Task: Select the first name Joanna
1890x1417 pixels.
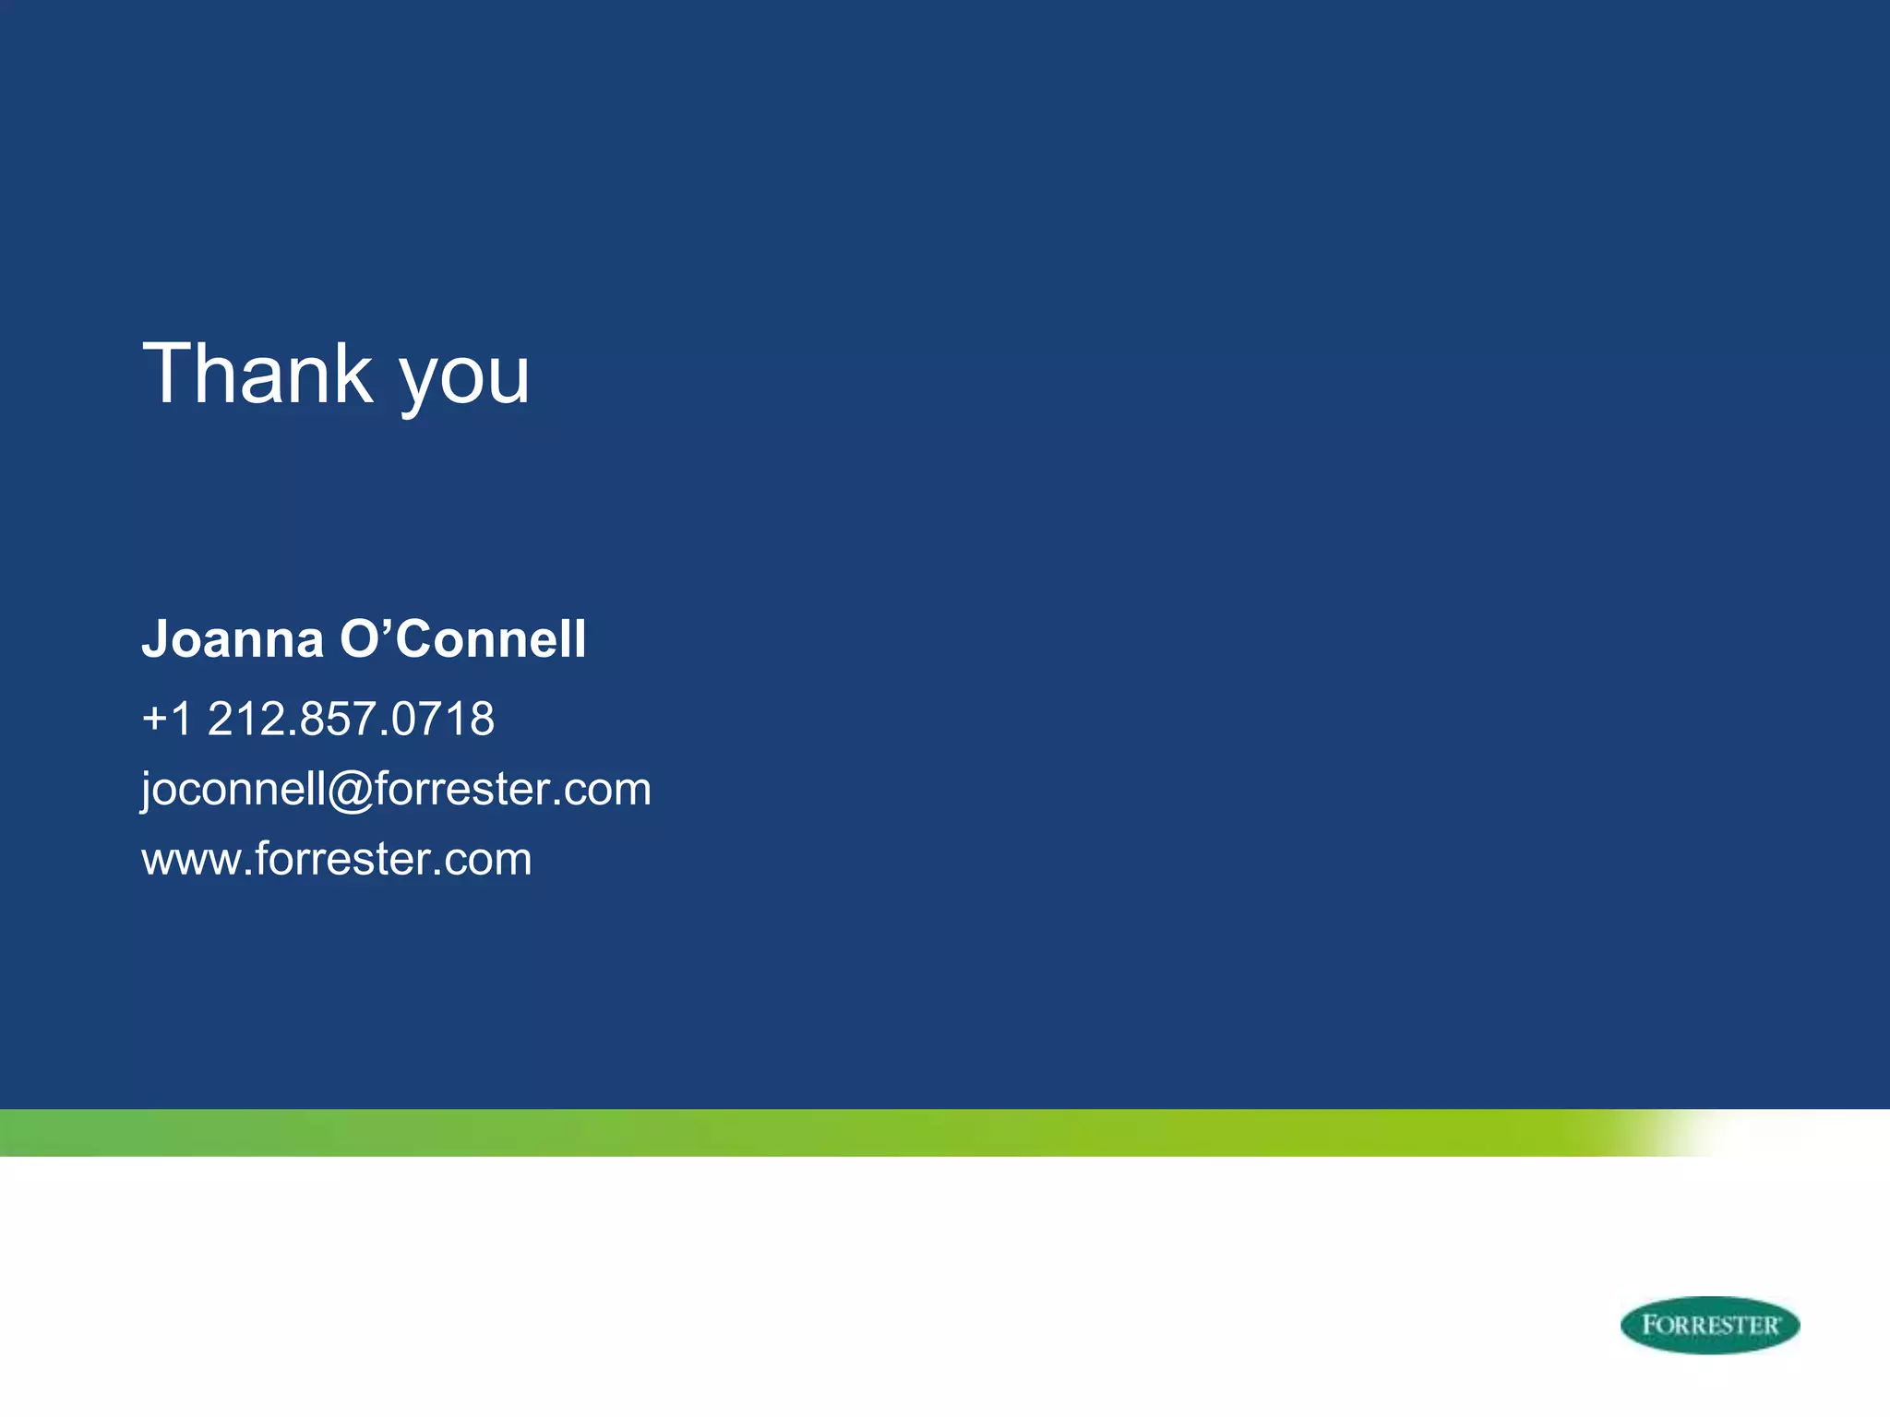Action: click(233, 639)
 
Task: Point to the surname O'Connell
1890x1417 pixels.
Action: click(462, 639)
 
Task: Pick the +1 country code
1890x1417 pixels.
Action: click(167, 719)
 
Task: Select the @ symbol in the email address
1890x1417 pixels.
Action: click(350, 792)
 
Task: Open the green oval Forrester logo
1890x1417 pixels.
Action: click(1709, 1325)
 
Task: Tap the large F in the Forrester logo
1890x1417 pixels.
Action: click(1650, 1324)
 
